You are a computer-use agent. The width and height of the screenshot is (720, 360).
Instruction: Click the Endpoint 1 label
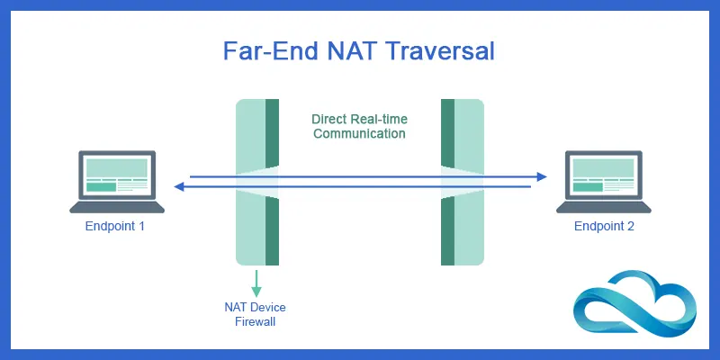tap(115, 227)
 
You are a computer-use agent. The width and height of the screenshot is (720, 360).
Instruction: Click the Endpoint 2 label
tap(604, 227)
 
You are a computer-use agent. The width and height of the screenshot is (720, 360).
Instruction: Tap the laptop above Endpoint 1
tap(117, 180)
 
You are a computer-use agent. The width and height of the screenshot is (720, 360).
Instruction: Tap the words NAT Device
tap(256, 308)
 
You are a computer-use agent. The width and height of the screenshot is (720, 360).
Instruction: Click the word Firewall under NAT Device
tap(256, 322)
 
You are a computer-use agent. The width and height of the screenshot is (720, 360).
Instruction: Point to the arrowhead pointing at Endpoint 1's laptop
tap(179, 186)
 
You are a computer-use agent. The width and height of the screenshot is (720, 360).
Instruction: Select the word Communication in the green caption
tap(359, 133)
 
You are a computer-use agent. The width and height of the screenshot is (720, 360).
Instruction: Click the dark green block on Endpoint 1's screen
tap(101, 187)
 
